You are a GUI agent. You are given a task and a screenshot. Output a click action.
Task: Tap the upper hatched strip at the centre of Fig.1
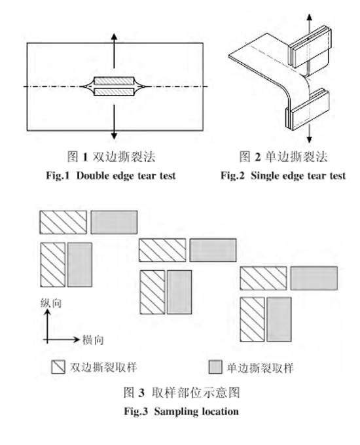115,81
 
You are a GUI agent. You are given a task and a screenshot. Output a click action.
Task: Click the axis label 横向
92,340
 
